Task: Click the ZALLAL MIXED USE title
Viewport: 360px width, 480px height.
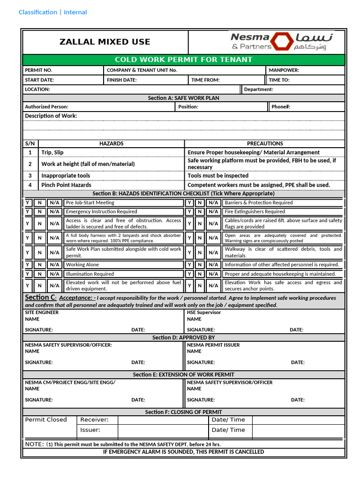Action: [x=105, y=42]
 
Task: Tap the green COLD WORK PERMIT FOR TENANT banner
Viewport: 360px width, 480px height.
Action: [x=184, y=60]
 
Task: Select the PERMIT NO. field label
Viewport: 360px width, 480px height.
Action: [x=38, y=70]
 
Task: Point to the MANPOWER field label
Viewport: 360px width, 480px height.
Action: [x=284, y=70]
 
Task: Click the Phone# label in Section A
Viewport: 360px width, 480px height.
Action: [x=281, y=107]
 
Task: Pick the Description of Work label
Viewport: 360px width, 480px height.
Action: [x=51, y=116]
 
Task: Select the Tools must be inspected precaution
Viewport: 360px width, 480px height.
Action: [x=218, y=176]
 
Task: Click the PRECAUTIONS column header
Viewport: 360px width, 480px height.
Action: [x=265, y=143]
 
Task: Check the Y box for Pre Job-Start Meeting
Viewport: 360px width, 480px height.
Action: [x=28, y=203]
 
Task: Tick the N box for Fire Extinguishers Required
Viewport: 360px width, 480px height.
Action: [x=200, y=212]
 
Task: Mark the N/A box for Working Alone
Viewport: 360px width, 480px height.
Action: [x=54, y=265]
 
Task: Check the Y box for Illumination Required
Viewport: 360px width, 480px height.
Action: [x=28, y=274]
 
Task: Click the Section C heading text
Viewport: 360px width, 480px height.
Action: [x=41, y=298]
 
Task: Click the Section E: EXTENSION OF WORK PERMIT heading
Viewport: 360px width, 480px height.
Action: [x=183, y=375]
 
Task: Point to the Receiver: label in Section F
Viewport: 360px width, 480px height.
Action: [x=94, y=420]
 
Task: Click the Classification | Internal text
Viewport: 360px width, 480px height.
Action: [x=52, y=12]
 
